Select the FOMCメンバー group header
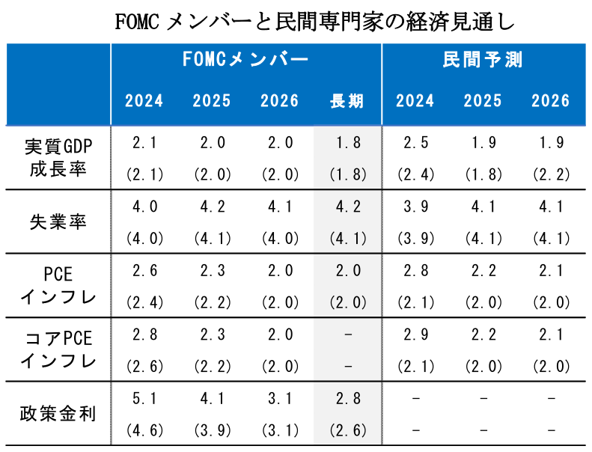click(245, 61)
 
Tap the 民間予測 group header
click(483, 61)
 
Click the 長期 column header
click(347, 101)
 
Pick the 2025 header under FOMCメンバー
click(212, 101)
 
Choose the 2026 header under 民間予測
click(551, 101)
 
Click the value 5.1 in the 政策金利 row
click(144, 399)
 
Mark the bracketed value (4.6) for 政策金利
click(144, 430)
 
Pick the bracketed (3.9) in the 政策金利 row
click(212, 430)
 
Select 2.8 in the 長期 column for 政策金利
click(347, 399)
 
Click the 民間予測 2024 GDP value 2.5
click(415, 143)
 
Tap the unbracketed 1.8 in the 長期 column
click(347, 143)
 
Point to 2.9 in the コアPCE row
click(415, 335)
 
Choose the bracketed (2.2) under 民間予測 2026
click(551, 175)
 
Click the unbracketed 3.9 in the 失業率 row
click(415, 207)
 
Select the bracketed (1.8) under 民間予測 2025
click(483, 175)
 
